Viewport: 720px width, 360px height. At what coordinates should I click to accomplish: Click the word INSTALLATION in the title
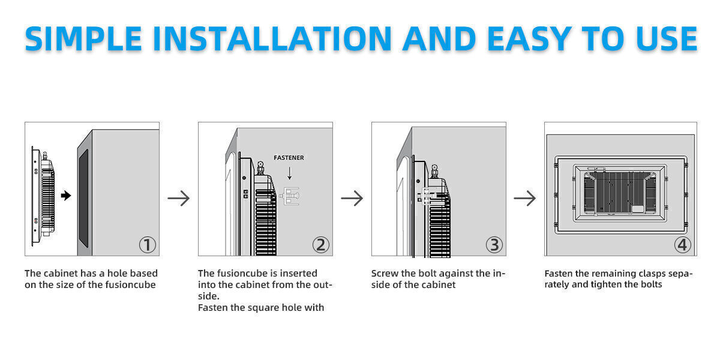pos(272,38)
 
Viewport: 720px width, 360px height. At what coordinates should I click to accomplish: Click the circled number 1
pos(147,245)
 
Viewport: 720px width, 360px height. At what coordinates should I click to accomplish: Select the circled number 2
pos(320,245)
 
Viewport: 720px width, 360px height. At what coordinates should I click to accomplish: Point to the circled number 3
pos(494,245)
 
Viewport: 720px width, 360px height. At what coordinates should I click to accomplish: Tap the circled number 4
pos(683,245)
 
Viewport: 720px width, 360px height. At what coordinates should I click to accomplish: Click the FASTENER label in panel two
pos(289,158)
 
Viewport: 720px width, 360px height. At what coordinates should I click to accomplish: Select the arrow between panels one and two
pos(178,199)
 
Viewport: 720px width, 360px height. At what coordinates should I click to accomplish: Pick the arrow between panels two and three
pos(352,199)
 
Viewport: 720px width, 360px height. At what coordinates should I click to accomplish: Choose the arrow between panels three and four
pos(525,199)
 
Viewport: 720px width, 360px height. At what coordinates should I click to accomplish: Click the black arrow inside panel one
pos(66,196)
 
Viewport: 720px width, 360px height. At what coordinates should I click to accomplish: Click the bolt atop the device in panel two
pos(260,167)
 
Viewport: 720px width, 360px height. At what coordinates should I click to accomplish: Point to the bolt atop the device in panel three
pos(433,169)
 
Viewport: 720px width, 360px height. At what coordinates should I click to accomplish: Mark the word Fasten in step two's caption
pos(213,308)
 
